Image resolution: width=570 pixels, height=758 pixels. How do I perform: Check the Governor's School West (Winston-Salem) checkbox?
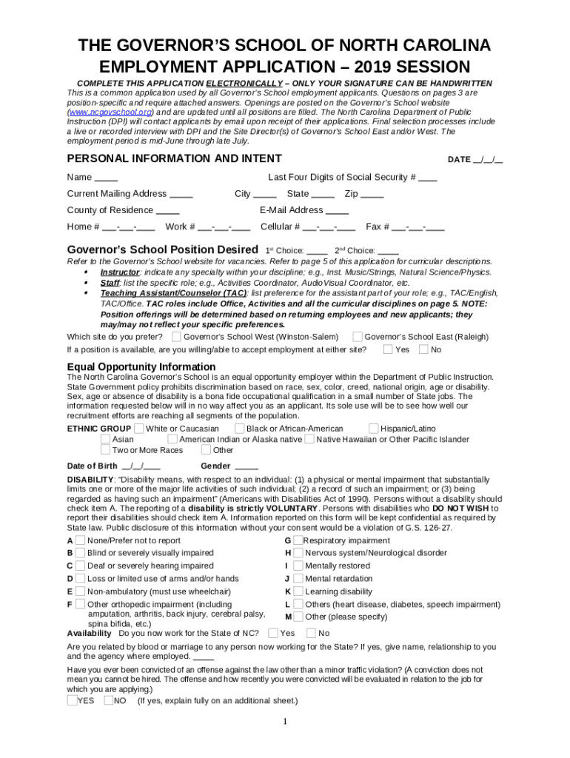click(175, 336)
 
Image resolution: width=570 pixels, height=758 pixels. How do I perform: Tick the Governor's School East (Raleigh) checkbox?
click(358, 336)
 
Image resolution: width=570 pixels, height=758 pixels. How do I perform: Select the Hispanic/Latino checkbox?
click(374, 428)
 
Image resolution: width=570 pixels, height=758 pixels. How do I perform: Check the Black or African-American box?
click(239, 428)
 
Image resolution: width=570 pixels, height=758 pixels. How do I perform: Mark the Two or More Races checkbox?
click(105, 449)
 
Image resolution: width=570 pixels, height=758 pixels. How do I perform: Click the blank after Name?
click(106, 178)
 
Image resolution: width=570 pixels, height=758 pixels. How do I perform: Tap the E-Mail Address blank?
click(337, 210)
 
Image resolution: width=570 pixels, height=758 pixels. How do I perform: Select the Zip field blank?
click(372, 194)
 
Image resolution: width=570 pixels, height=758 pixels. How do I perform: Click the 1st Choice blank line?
click(316, 251)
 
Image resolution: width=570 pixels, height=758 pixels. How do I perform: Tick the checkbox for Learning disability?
click(298, 591)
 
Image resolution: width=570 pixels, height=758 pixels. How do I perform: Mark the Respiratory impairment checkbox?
click(297, 540)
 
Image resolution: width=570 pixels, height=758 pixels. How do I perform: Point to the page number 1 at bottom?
click(284, 722)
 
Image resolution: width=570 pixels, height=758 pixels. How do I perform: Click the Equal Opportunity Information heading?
click(141, 367)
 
